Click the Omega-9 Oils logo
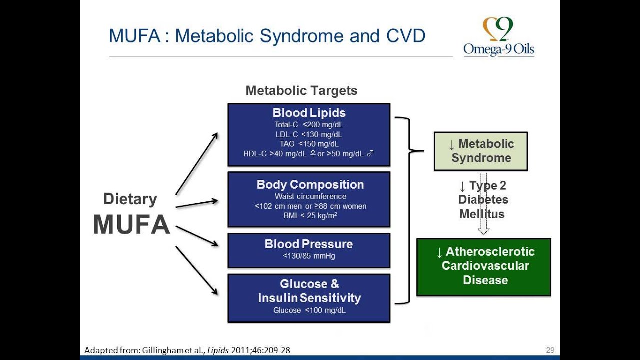(498, 37)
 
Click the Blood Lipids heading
(309, 113)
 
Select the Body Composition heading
(310, 184)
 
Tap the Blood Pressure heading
(308, 244)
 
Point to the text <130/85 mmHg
(308, 256)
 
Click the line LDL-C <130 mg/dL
(308, 134)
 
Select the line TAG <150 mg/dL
(308, 144)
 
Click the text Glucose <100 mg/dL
(309, 310)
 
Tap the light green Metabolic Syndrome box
(480, 151)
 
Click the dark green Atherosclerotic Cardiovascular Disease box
(484, 267)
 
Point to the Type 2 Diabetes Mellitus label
(483, 200)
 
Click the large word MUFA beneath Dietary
(131, 225)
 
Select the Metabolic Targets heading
(301, 91)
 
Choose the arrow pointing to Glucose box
(197, 270)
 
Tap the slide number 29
(550, 350)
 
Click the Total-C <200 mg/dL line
(308, 125)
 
